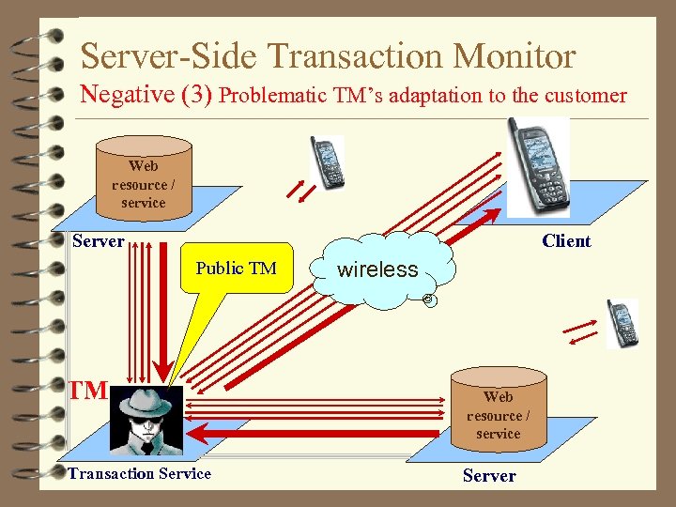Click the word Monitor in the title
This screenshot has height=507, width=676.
(515, 56)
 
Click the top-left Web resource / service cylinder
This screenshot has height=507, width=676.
(144, 178)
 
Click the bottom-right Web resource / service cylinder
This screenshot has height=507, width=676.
(498, 408)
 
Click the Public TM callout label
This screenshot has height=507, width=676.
(236, 269)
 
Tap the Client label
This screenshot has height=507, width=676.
(566, 241)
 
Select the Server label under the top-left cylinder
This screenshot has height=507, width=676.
(99, 241)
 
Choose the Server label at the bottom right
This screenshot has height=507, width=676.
(489, 476)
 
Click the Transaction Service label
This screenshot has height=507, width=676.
(139, 473)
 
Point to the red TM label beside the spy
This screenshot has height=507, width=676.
(88, 391)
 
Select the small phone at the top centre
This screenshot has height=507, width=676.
(328, 162)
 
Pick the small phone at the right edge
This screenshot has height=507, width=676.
(621, 324)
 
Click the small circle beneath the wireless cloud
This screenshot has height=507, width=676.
(428, 300)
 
